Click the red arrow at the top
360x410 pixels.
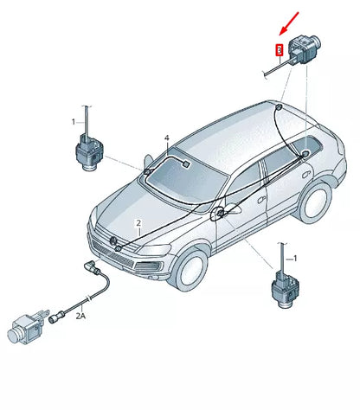tap(289, 23)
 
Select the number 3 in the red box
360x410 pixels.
tap(279, 50)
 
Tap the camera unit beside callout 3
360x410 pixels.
tap(305, 48)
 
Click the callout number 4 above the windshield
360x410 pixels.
tap(167, 138)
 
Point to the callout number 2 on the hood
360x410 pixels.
tap(138, 223)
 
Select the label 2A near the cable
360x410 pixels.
tap(80, 316)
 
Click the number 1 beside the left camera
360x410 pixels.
tap(74, 122)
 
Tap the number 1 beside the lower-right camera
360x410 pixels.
tap(295, 259)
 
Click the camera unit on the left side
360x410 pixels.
tap(89, 152)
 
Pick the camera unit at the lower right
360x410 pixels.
tap(285, 289)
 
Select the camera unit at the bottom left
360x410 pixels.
tap(25, 328)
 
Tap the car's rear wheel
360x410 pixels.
tap(315, 201)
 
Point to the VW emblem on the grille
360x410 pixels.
tap(113, 240)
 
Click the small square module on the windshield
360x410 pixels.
tap(186, 164)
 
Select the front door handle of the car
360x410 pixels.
tap(261, 200)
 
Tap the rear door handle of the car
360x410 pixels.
tap(305, 174)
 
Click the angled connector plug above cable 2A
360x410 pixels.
tap(92, 266)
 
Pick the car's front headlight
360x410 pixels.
tap(155, 249)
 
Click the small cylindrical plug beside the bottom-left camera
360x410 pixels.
tap(55, 318)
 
